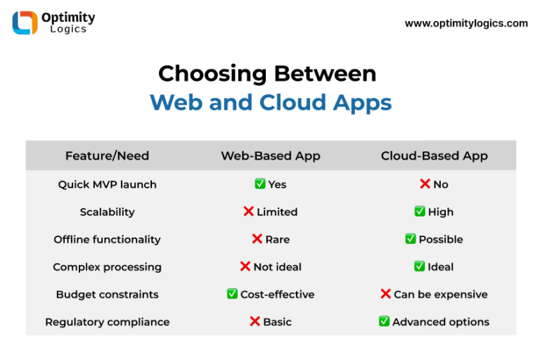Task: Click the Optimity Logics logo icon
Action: coord(25,22)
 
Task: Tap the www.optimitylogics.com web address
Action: coord(466,23)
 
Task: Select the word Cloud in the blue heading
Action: coord(292,103)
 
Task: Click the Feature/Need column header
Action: coord(107,155)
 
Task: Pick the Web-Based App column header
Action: coord(270,155)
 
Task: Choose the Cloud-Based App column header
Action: coord(434,155)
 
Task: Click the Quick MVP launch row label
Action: coord(107,184)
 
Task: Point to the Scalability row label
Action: coord(107,212)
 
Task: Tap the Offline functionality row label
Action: coord(107,239)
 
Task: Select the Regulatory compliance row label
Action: coord(107,322)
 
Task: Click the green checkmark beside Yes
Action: coord(260,184)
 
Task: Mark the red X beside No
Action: coord(425,184)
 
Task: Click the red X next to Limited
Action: coord(248,212)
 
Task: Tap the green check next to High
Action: coord(420,212)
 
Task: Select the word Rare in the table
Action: coord(277,239)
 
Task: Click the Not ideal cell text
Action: coord(277,266)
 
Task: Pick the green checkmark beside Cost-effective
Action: coord(232,294)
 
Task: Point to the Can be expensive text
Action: coord(440,295)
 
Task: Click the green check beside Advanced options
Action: coord(384,321)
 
